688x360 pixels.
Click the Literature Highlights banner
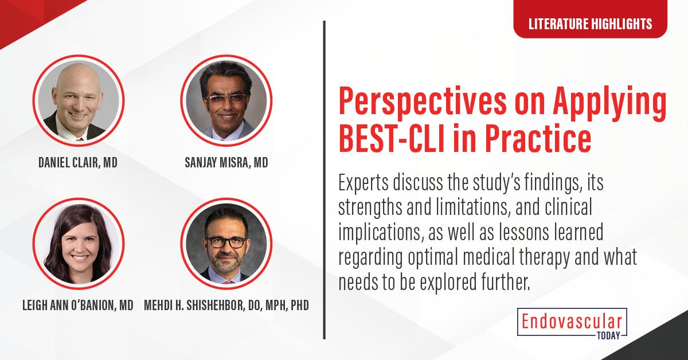(x=590, y=24)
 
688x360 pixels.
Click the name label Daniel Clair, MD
(x=78, y=163)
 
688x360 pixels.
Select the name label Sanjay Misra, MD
(x=226, y=163)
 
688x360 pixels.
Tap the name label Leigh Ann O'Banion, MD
(x=78, y=305)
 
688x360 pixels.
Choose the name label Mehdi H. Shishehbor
(x=226, y=305)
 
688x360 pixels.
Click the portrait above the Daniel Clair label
(x=78, y=100)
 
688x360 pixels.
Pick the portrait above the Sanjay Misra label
(x=226, y=100)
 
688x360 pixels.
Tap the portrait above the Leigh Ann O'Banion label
(x=78, y=242)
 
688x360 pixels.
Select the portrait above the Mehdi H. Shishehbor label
(x=226, y=242)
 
